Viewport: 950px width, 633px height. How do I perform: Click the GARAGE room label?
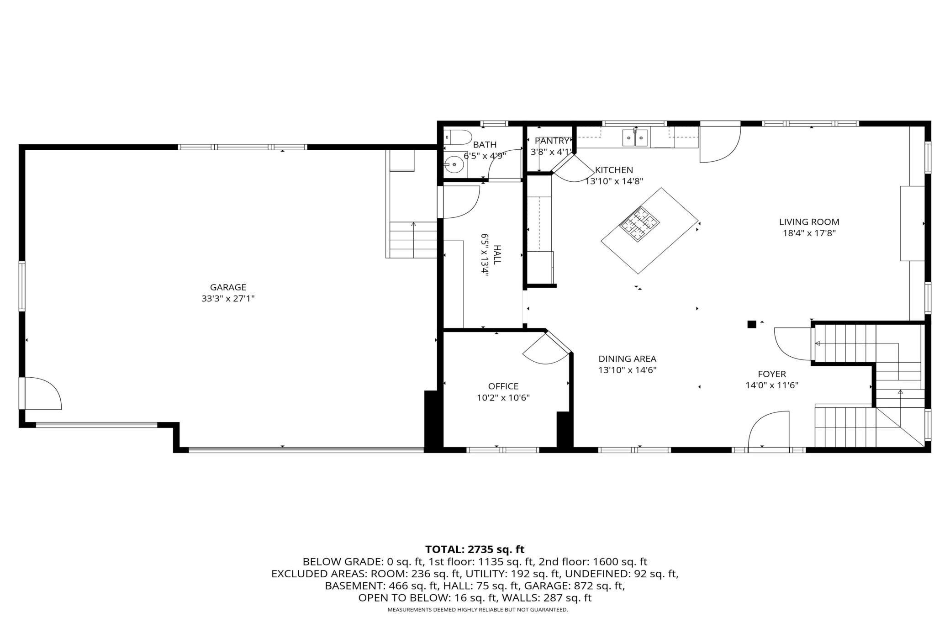point(228,287)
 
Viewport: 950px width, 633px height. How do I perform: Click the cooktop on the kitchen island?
point(639,223)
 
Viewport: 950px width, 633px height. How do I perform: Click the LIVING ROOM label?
point(809,222)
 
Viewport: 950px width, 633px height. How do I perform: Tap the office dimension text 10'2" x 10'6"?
point(503,398)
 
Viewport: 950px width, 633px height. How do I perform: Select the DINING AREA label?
point(627,359)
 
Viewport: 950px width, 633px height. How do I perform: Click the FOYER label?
point(772,374)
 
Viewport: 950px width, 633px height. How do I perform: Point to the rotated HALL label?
point(497,254)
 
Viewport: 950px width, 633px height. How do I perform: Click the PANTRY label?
point(552,141)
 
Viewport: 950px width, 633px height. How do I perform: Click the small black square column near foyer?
point(751,324)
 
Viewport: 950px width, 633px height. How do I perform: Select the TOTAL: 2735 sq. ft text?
point(475,549)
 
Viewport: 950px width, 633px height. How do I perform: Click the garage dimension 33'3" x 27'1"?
point(228,299)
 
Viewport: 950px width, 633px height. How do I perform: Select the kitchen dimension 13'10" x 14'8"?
point(614,181)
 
